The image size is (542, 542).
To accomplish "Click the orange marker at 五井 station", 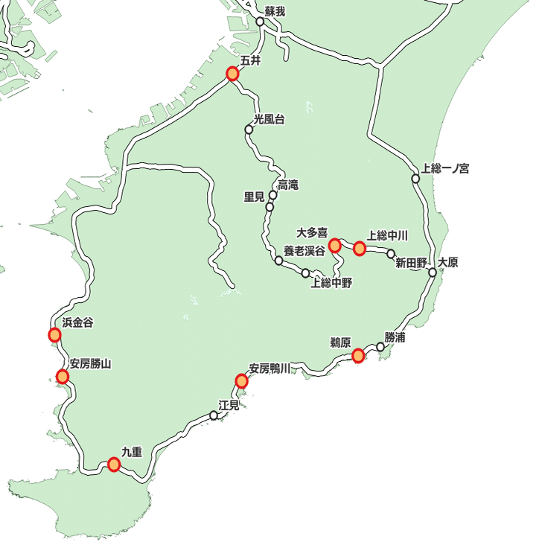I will pyautogui.click(x=232, y=74).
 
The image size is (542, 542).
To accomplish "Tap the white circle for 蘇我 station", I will pyautogui.click(x=261, y=22).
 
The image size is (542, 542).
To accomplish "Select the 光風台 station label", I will pyautogui.click(x=269, y=119).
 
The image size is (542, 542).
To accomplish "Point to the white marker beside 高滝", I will pyautogui.click(x=273, y=195).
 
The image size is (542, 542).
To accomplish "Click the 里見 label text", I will pyautogui.click(x=255, y=197).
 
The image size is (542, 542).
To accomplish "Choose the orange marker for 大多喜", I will pyautogui.click(x=334, y=244).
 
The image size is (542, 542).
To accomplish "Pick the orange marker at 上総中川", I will pyautogui.click(x=360, y=248).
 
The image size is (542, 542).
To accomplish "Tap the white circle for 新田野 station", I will pyautogui.click(x=391, y=254).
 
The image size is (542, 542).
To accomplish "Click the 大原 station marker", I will pyautogui.click(x=433, y=272).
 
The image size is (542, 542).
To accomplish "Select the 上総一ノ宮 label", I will pyautogui.click(x=445, y=168).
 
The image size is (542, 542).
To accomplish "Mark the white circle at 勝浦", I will pyautogui.click(x=380, y=346).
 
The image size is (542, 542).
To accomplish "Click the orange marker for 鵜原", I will pyautogui.click(x=358, y=355).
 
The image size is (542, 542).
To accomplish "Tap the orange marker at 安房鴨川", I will pyautogui.click(x=241, y=381).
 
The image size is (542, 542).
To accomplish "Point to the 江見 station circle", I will pyautogui.click(x=214, y=415).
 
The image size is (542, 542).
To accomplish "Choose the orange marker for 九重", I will pyautogui.click(x=114, y=465).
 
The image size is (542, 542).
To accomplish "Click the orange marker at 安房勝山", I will pyautogui.click(x=63, y=377).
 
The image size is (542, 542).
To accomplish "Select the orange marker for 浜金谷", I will pyautogui.click(x=54, y=335).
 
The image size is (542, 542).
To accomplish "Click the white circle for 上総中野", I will pyautogui.click(x=305, y=273).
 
